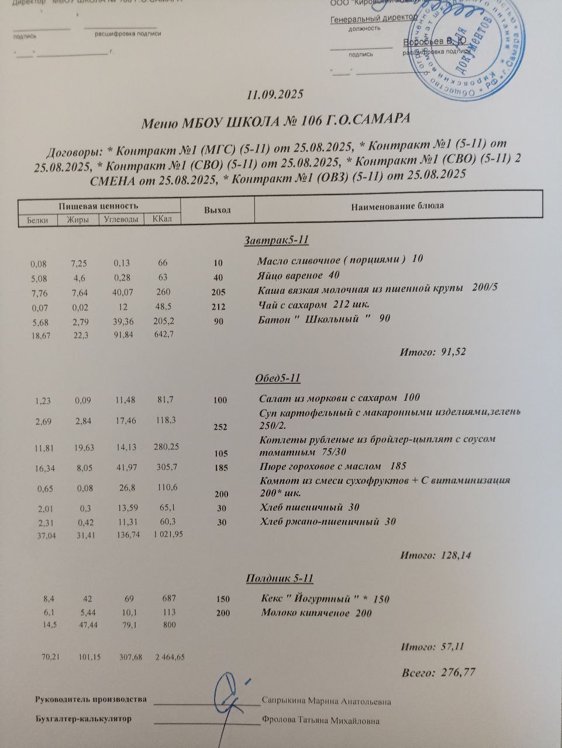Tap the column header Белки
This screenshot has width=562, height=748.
pos(37,220)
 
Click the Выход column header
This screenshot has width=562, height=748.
pos(217,210)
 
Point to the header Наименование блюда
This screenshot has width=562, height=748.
pos(397,206)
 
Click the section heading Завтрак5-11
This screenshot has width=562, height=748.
pos(275,240)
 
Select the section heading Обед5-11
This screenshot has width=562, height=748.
pos(278,378)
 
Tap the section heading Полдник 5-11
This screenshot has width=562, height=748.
pos(280,579)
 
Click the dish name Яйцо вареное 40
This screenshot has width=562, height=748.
pos(298,275)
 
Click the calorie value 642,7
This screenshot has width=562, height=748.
pos(163,334)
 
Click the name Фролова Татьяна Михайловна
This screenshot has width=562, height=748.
pos(321,721)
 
